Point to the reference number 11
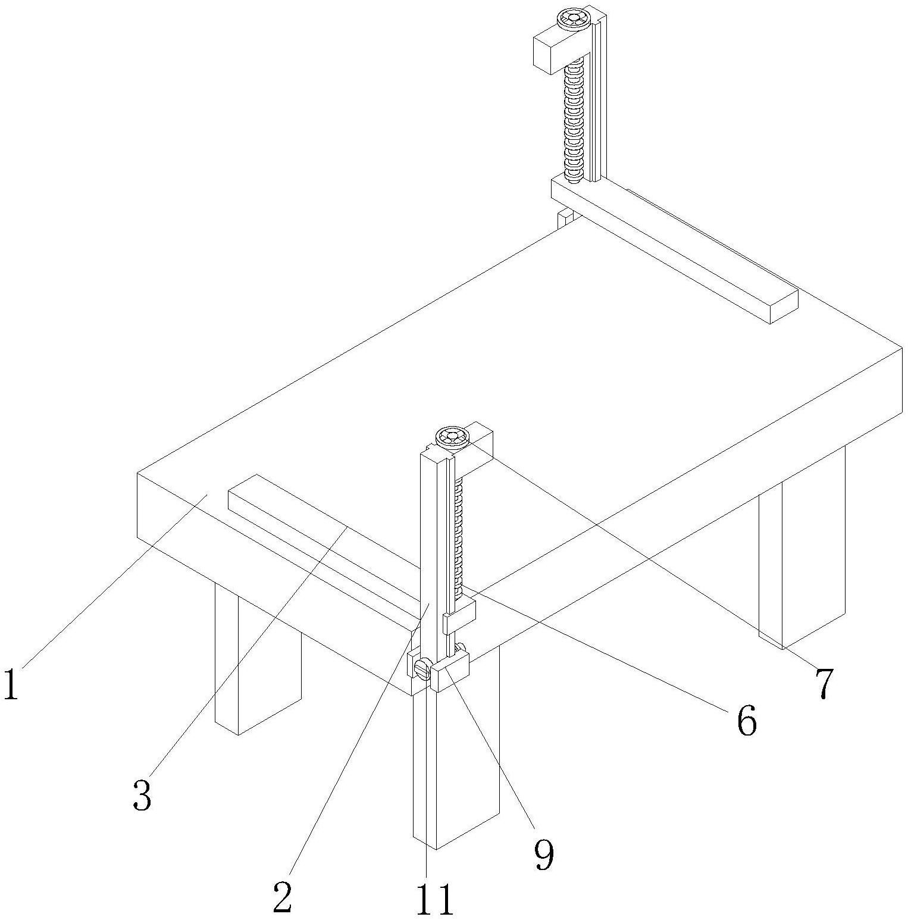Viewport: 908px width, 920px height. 434,900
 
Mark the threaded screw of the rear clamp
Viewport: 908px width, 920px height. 574,119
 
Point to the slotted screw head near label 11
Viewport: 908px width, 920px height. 424,669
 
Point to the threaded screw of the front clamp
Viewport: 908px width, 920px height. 458,536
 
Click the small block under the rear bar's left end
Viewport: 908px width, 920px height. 565,218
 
